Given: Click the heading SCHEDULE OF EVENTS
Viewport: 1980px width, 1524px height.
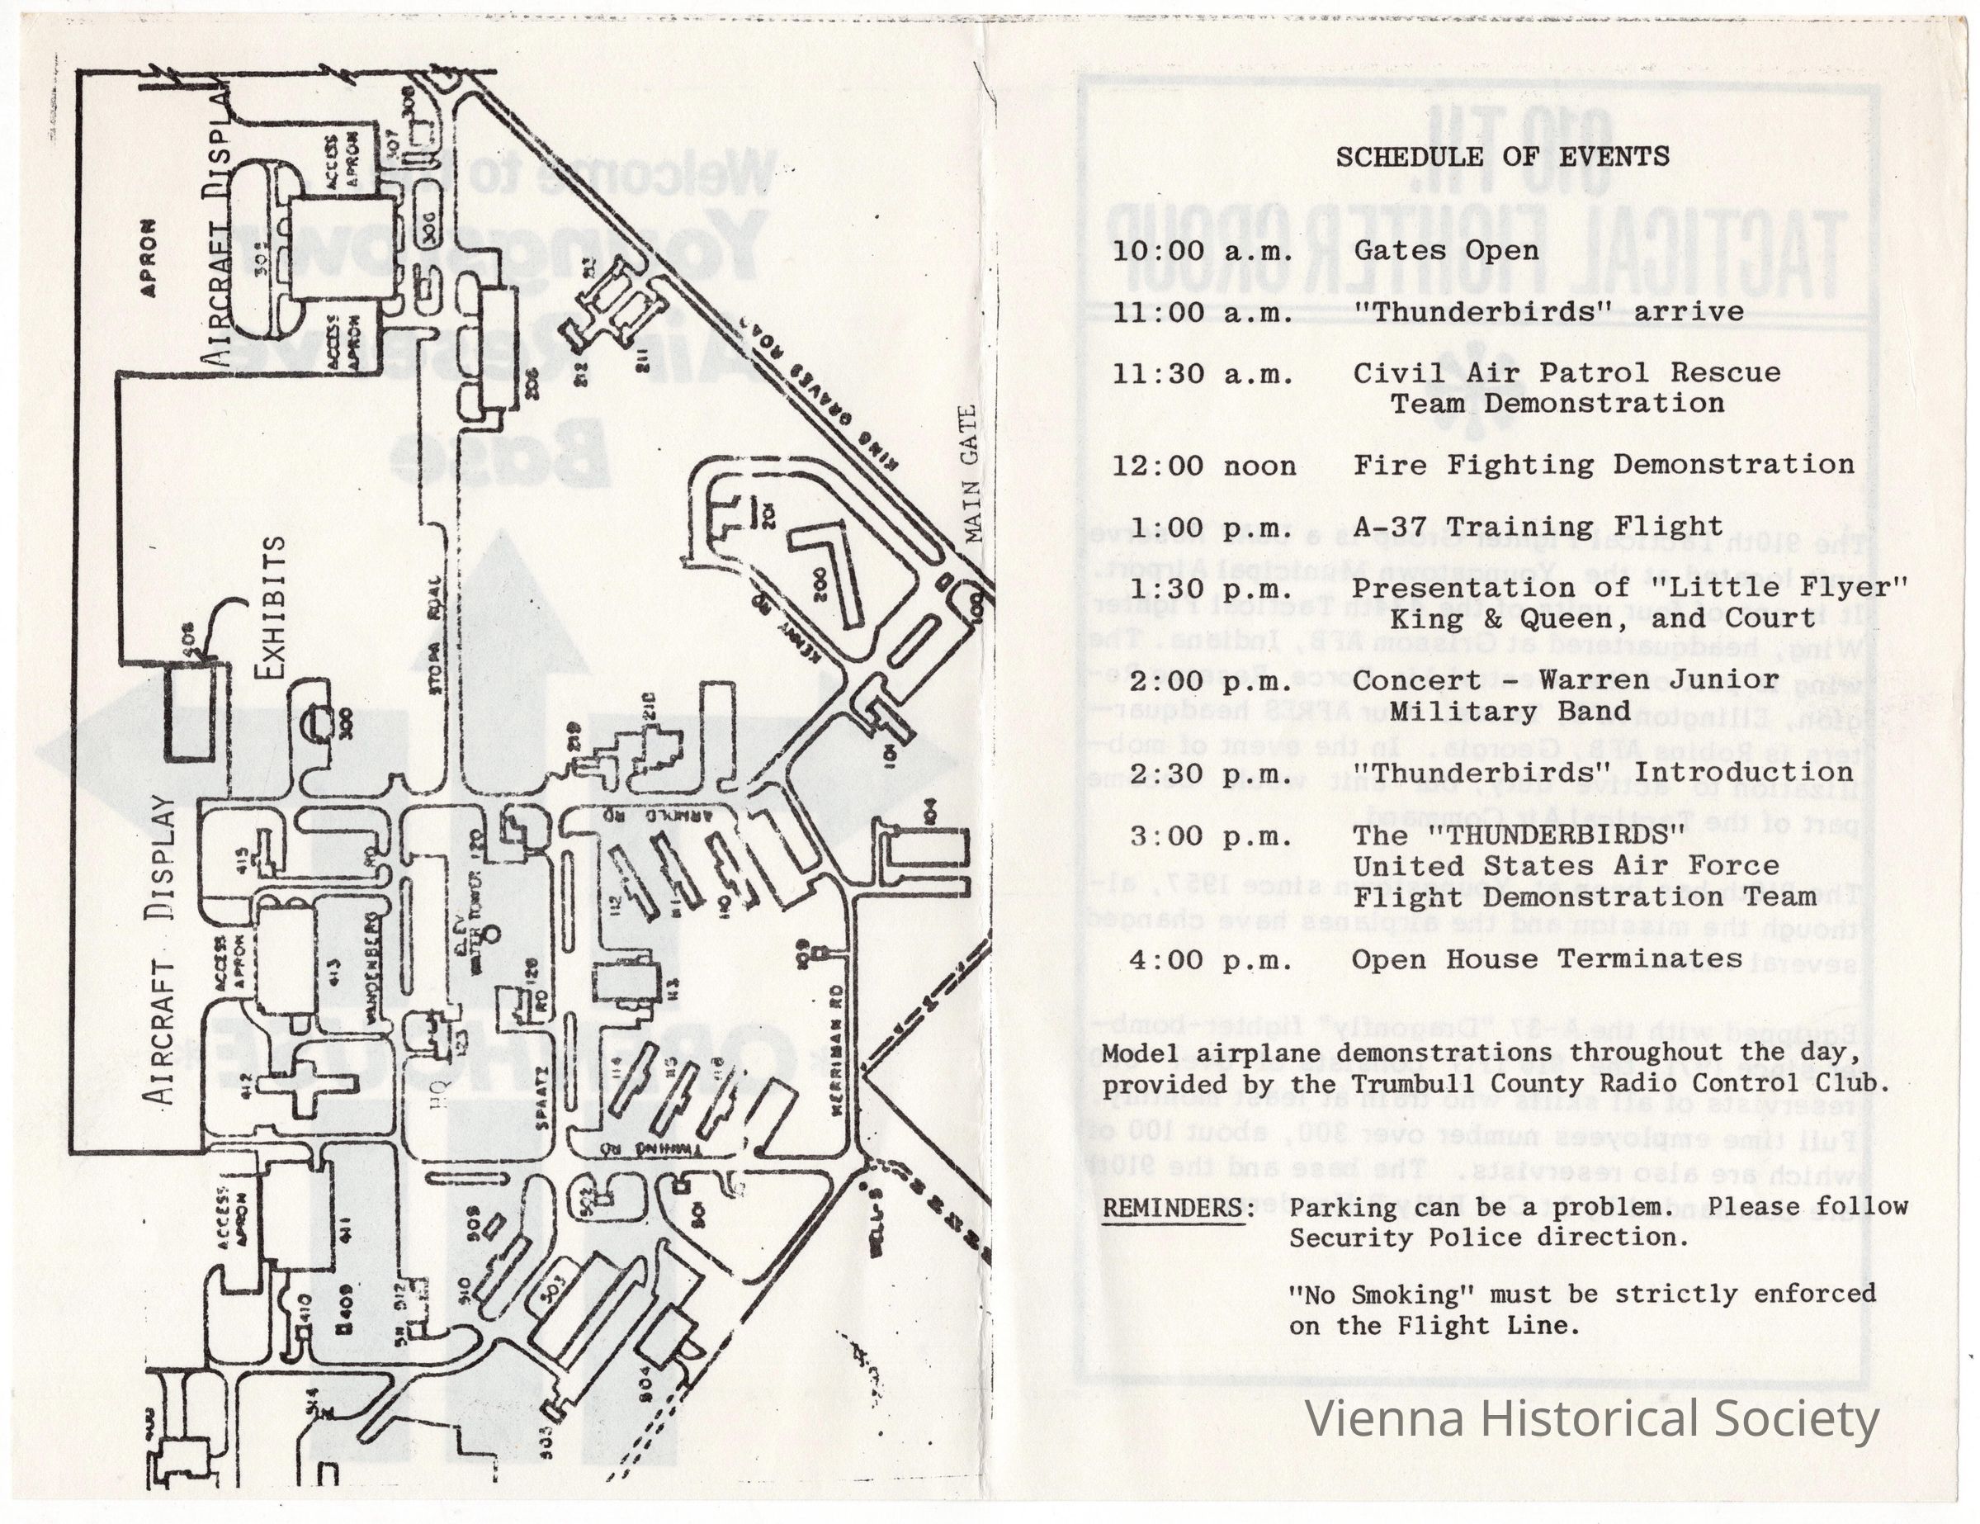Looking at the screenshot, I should point(1502,157).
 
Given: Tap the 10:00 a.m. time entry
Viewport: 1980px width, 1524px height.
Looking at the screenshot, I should point(1203,251).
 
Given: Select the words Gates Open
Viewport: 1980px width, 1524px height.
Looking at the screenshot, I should point(1446,250).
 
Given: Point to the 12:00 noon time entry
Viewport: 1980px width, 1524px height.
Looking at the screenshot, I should point(1205,466).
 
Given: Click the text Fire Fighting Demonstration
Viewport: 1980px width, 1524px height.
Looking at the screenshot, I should point(1603,465).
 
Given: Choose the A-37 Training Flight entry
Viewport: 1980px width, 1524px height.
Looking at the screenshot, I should point(1538,527).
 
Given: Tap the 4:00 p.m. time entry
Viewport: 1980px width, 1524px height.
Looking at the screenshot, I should point(1210,960).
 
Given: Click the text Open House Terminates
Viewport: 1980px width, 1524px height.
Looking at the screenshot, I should point(1547,959).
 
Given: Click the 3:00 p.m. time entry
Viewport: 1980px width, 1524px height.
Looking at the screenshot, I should point(1210,835).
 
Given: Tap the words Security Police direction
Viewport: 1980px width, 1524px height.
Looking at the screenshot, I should point(1489,1238).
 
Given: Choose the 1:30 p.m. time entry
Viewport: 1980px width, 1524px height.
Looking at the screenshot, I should point(1210,589).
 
